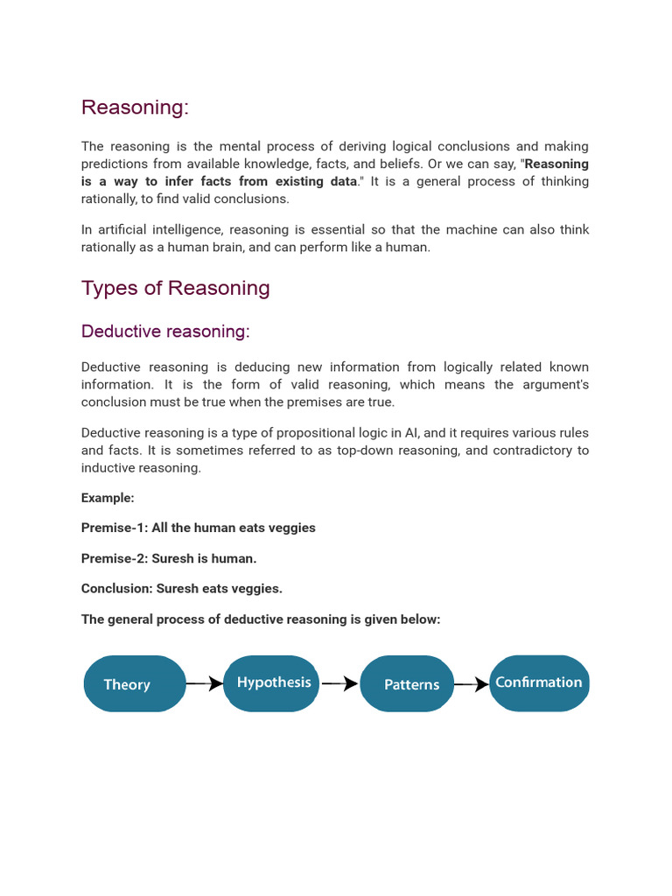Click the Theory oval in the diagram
[x=135, y=684]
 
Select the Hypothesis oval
[x=271, y=682]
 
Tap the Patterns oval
[x=407, y=684]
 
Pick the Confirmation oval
[x=539, y=682]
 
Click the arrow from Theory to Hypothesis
[x=205, y=683]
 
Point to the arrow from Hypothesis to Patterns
[x=339, y=683]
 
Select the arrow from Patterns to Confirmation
[x=472, y=684]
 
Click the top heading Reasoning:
[x=135, y=108]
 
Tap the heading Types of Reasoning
[x=175, y=289]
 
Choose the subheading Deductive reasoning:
[x=165, y=332]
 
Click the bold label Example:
[x=108, y=498]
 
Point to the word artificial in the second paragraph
[x=125, y=230]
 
